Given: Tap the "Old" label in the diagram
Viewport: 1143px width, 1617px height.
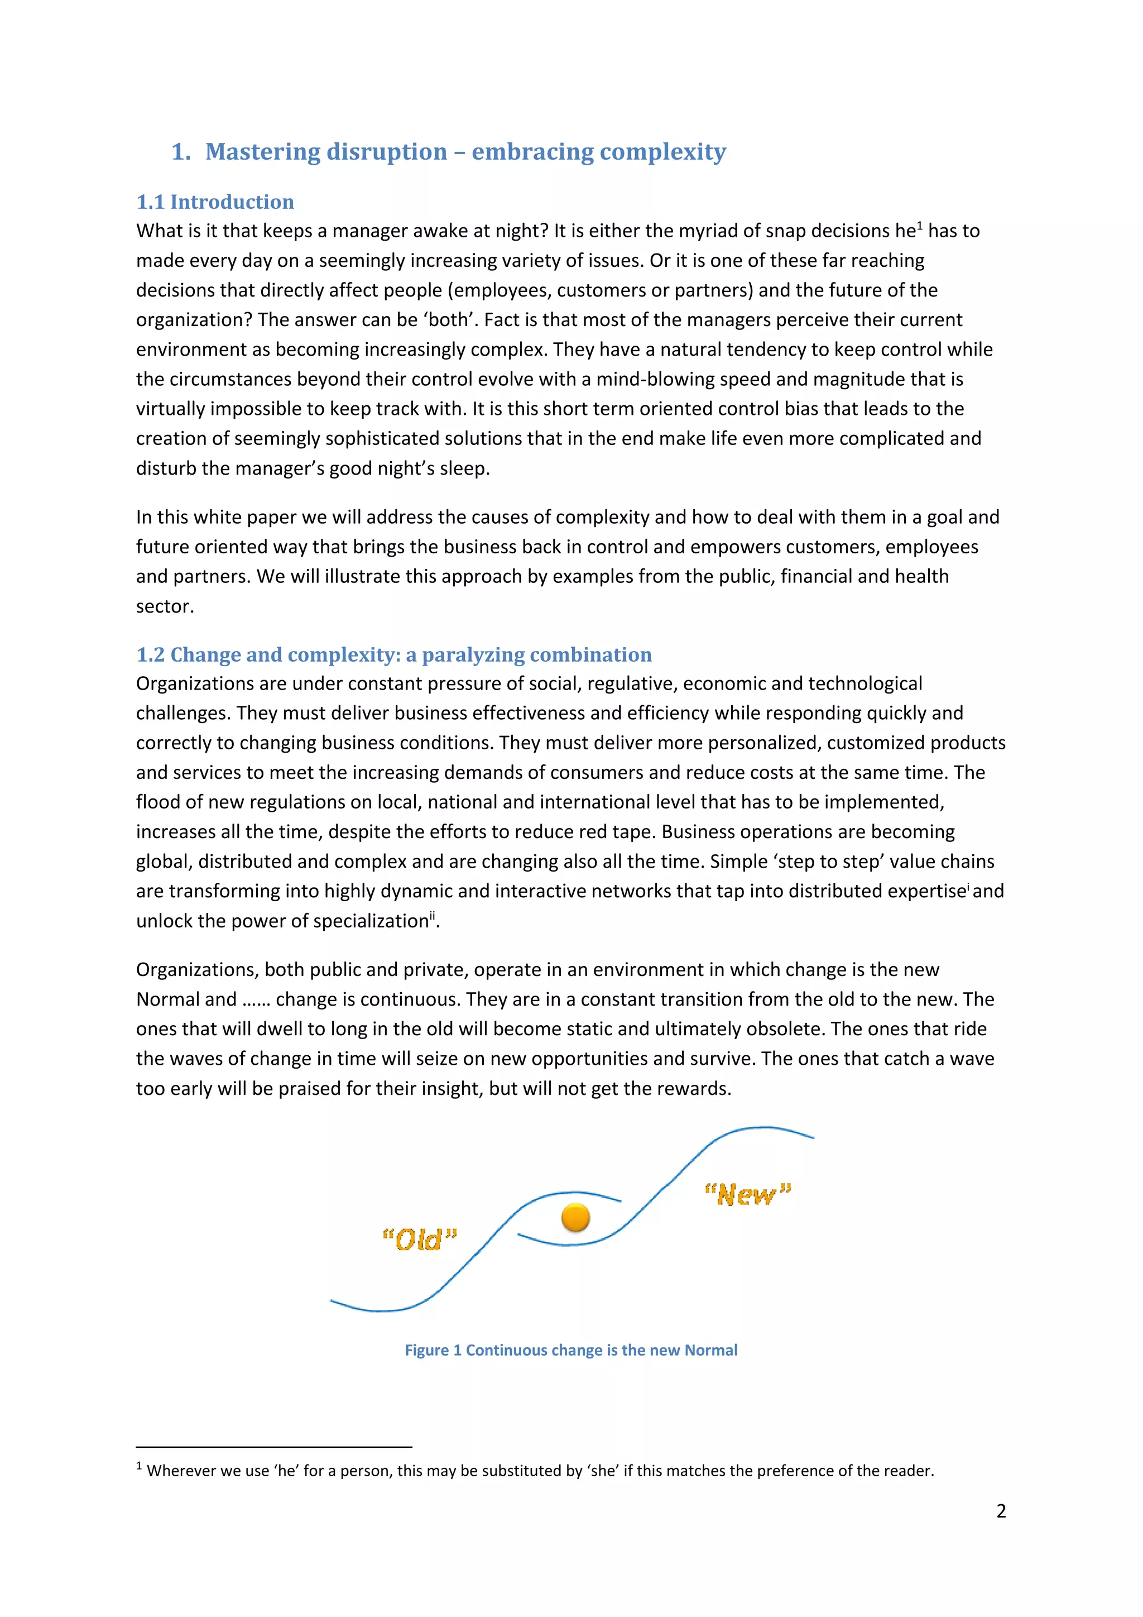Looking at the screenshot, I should (x=420, y=1240).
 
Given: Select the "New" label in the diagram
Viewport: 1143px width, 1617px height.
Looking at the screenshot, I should (x=747, y=1194).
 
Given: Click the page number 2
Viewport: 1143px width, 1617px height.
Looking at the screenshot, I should (x=1001, y=1511).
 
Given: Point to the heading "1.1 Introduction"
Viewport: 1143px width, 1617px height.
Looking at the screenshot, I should (x=215, y=202).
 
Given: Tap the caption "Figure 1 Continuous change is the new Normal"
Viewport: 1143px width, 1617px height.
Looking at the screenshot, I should (x=571, y=1350).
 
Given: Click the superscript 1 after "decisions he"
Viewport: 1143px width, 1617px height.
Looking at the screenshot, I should (x=920, y=226).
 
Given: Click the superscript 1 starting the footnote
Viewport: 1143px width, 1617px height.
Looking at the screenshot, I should (x=140, y=1466).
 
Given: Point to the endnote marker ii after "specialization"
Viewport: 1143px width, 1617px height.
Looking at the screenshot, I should (x=432, y=916).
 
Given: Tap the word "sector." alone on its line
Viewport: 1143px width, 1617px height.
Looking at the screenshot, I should (x=165, y=606).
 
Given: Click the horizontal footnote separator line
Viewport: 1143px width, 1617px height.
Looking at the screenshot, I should (x=274, y=1447).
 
